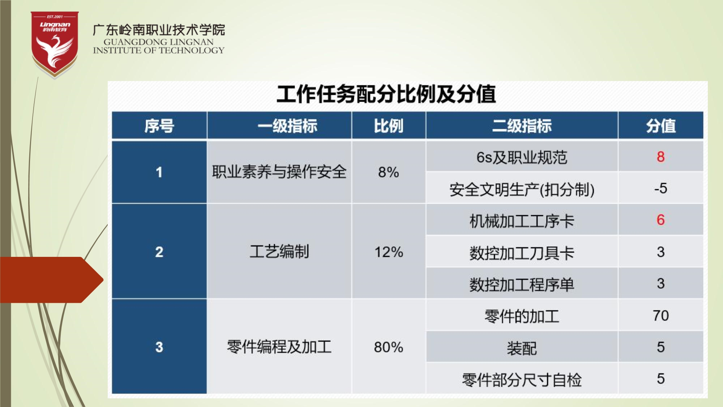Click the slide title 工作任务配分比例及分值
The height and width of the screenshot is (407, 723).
386,94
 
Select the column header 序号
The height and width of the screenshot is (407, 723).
159,126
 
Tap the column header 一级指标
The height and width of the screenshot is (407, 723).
287,126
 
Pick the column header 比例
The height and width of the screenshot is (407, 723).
389,126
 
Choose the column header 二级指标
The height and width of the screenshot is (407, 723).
522,126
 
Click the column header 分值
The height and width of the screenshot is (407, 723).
661,126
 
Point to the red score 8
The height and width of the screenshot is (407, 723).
660,157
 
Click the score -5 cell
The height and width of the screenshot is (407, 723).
660,188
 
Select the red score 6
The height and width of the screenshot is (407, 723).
660,220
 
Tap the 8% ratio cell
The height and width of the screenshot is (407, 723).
389,172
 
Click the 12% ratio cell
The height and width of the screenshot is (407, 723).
389,252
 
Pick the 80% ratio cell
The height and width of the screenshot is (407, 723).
389,347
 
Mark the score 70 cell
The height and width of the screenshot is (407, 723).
660,315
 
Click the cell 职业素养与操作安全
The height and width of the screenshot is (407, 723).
279,172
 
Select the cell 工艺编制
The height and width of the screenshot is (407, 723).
279,251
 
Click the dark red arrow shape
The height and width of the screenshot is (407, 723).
52,280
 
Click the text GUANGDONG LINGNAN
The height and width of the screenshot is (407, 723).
159,42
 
